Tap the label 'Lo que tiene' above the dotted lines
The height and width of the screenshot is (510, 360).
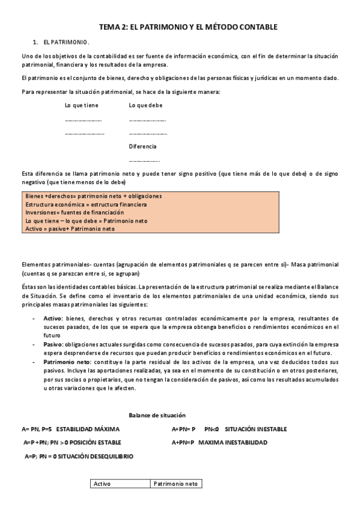coord(82,105)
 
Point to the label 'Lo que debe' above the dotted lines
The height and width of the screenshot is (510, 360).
coord(145,105)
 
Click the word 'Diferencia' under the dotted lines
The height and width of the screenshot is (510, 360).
coord(142,146)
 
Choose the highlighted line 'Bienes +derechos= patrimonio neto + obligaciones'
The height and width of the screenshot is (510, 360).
coord(94,196)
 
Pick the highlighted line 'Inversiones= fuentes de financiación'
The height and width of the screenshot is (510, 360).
coord(75,212)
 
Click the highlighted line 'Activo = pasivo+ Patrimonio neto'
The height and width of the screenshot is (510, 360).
coord(70,229)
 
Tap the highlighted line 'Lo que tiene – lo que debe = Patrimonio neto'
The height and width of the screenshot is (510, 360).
coord(87,221)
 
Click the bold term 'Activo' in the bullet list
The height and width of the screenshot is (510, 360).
coord(53,318)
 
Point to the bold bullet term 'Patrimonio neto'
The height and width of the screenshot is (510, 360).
coord(66,363)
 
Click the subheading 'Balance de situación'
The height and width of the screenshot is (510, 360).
coord(157,416)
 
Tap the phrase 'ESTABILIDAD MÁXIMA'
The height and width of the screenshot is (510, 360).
coord(88,429)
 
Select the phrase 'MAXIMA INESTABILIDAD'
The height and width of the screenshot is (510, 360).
coord(233,443)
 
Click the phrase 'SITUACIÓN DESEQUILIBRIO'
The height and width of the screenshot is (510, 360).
coord(96,456)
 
